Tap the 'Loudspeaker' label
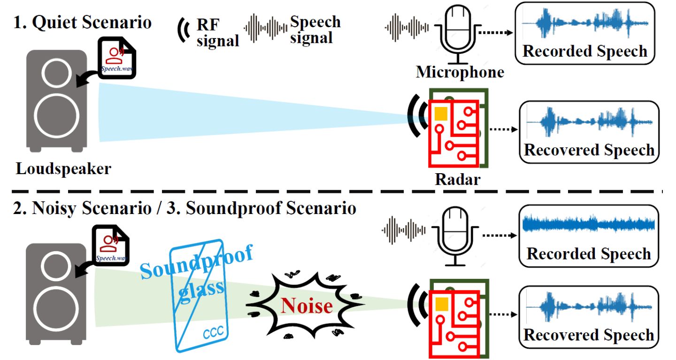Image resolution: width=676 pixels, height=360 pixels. coord(63,169)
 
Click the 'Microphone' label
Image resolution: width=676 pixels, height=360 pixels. coord(460,72)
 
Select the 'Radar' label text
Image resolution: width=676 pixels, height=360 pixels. coord(457,179)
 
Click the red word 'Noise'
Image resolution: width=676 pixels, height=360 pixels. coord(307,306)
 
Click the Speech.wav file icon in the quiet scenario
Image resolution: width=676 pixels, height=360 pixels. coord(116,59)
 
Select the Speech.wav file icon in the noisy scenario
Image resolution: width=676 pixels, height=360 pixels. coord(111,244)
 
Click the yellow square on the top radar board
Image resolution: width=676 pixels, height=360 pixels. coord(440,114)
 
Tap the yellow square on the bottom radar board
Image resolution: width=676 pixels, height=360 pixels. coord(440,304)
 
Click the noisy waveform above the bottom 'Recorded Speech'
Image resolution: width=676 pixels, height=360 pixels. coord(588,224)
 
